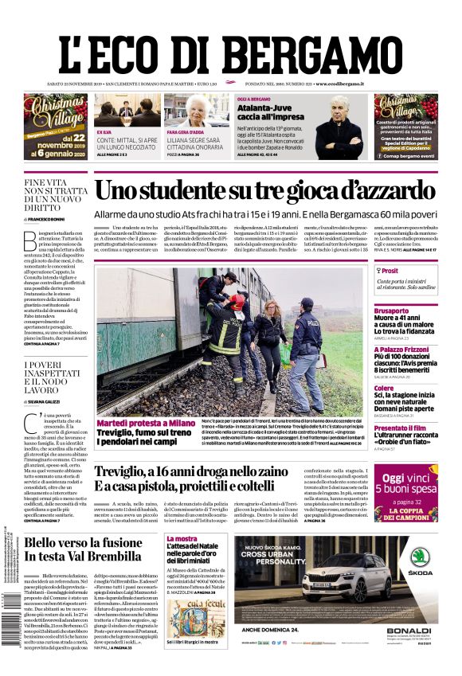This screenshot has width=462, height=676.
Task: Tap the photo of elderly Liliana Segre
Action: (197, 110)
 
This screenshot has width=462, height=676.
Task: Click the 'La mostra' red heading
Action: (182, 539)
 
